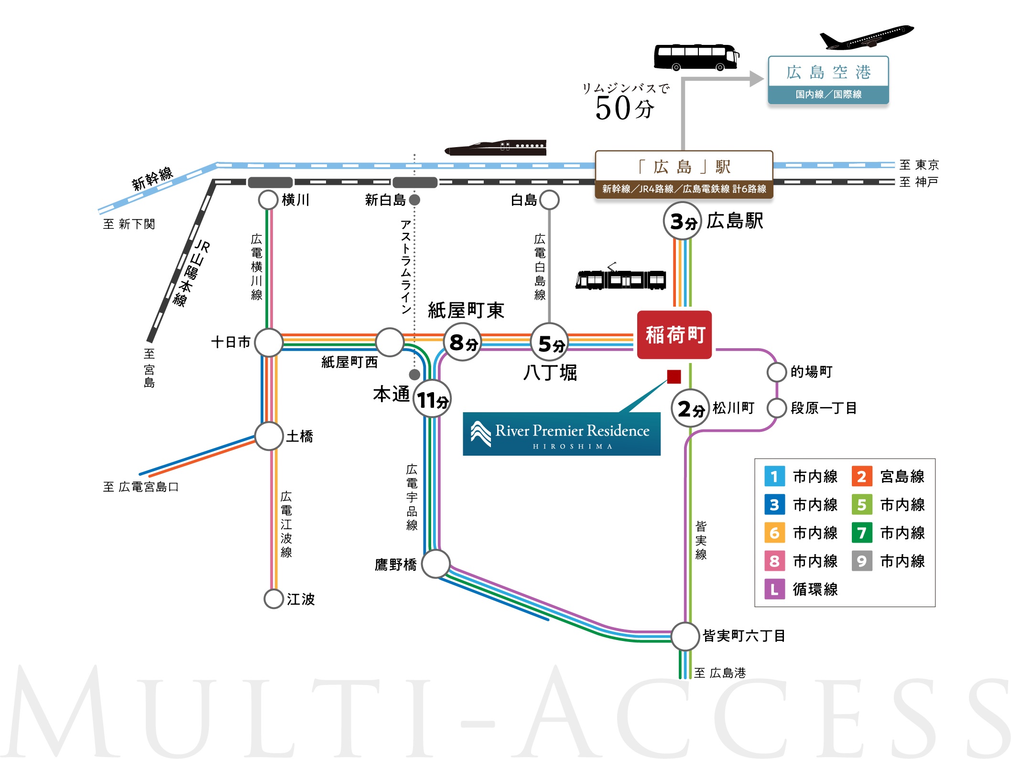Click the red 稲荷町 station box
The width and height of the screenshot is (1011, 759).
[x=674, y=335]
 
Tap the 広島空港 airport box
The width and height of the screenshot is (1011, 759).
[x=828, y=80]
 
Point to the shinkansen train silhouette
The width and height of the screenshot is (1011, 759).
[x=496, y=148]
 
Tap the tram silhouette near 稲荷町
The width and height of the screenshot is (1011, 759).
[x=620, y=277]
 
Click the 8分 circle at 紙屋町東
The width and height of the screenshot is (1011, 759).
[x=462, y=342]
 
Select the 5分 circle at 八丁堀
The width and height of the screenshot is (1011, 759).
[x=550, y=342]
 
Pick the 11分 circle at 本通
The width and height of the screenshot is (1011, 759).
[x=432, y=399]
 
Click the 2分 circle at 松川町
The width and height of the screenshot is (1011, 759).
[x=690, y=408]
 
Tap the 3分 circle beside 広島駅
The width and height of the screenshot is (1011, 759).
[x=682, y=221]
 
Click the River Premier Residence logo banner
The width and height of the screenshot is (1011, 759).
[x=562, y=434]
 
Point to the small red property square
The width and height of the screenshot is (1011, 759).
[x=674, y=377]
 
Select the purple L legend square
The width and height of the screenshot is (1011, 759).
[x=774, y=589]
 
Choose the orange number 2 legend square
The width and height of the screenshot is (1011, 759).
[x=862, y=476]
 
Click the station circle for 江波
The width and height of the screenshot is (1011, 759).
[x=274, y=599]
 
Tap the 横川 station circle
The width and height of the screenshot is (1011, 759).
[x=268, y=200]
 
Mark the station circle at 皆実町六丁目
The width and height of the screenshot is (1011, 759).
[x=685, y=636]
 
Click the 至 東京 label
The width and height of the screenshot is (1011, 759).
[x=919, y=165]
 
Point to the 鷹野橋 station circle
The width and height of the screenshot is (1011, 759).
[x=435, y=564]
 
